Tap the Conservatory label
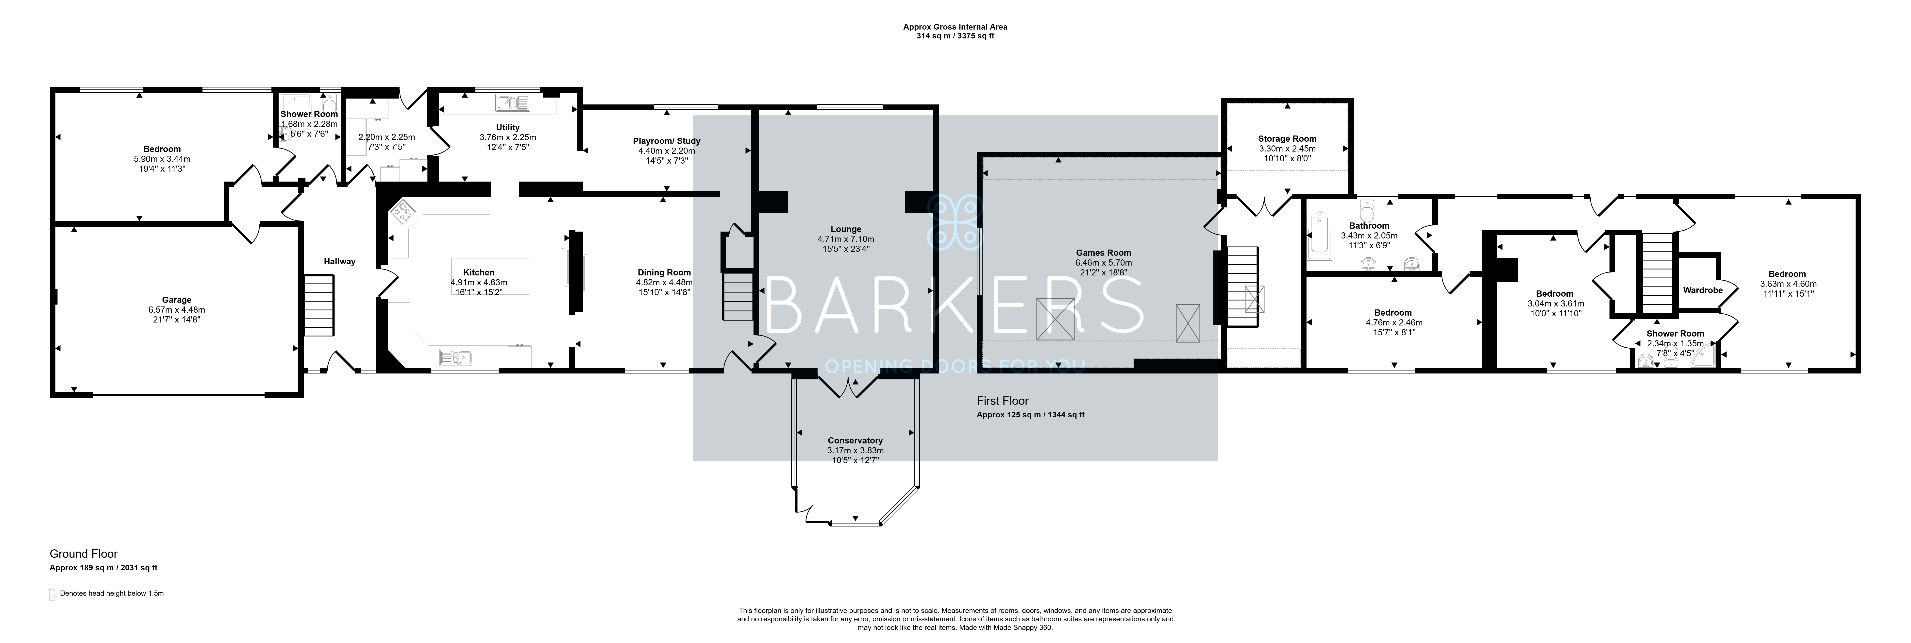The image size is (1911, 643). (855, 440)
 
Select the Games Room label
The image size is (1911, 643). (1103, 253)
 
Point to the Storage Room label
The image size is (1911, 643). (1287, 139)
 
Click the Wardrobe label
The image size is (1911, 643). (1703, 290)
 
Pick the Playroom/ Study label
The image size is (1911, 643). (666, 141)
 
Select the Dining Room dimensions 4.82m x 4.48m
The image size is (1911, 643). (664, 283)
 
